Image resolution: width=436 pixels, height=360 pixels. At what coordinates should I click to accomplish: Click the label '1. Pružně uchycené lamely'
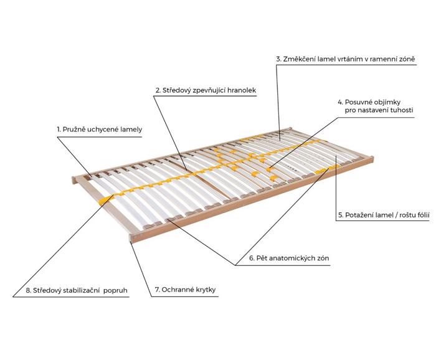[x=99, y=130]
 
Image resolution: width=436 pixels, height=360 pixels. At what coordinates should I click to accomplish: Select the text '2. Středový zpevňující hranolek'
[x=206, y=90]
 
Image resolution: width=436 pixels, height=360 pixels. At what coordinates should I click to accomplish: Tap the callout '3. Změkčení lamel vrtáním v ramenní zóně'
[x=346, y=59]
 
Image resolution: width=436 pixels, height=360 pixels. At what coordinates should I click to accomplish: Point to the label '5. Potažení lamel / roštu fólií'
[x=384, y=215]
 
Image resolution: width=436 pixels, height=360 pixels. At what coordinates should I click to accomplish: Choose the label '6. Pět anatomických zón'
[x=289, y=258]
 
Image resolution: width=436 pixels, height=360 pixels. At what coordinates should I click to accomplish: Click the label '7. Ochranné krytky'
[x=185, y=290]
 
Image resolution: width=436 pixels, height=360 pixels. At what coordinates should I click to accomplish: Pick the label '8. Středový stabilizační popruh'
[x=77, y=290]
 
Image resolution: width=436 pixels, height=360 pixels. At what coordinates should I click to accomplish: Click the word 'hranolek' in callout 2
[x=242, y=90]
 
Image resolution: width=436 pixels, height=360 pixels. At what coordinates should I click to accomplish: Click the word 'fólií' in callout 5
[x=422, y=215]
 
